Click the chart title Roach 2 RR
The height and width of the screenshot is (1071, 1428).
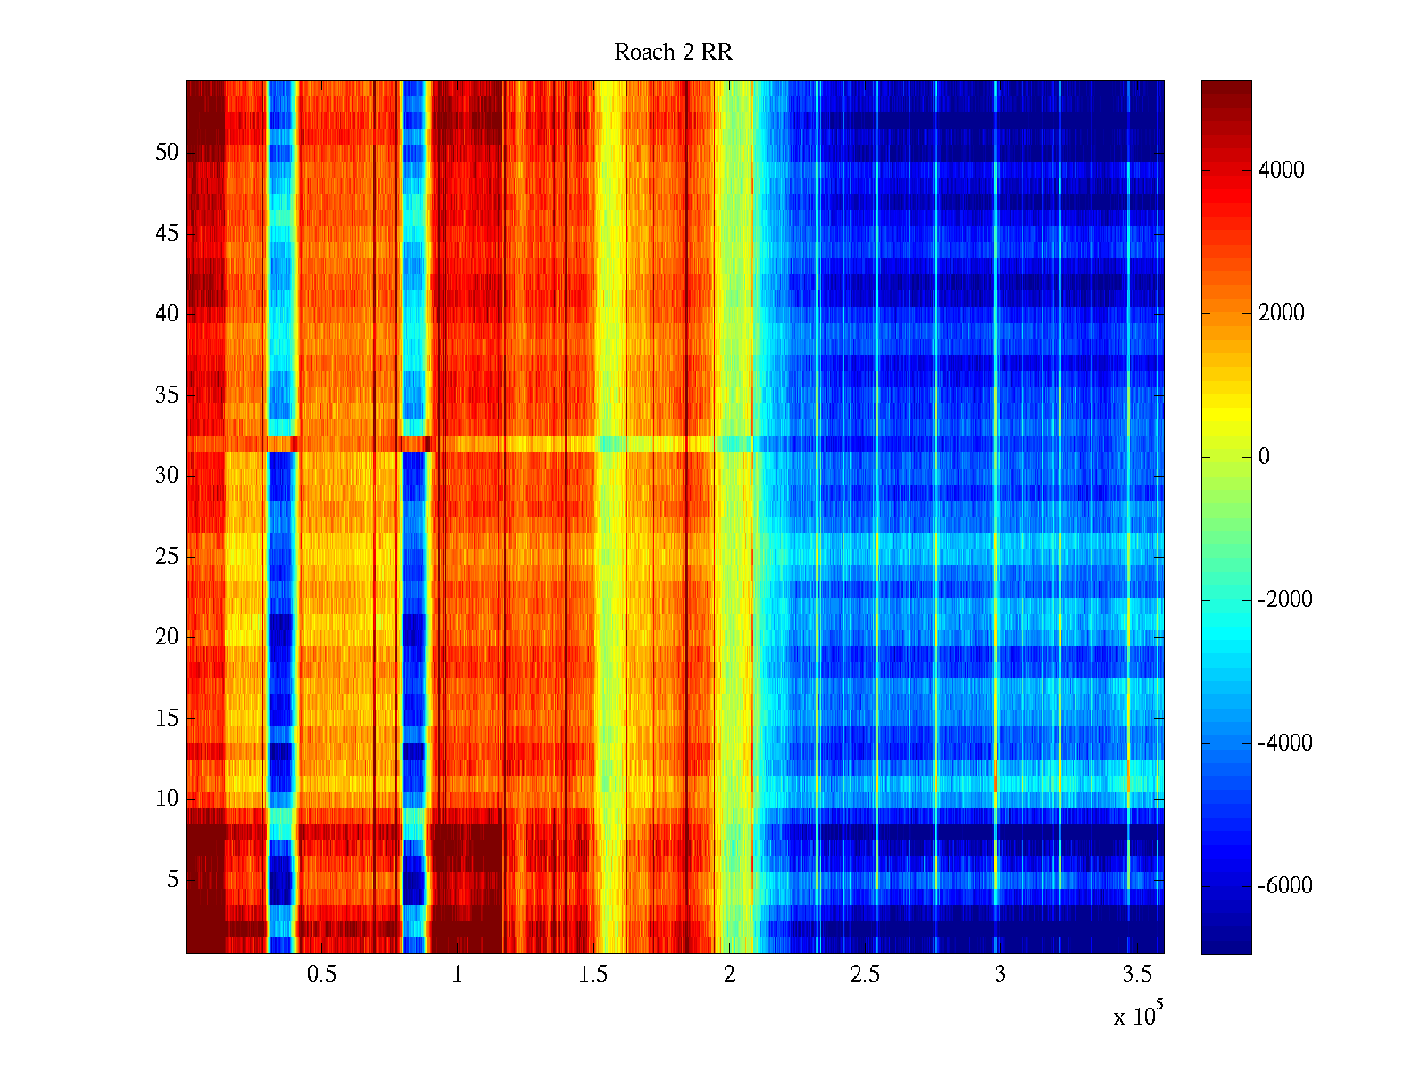point(673,53)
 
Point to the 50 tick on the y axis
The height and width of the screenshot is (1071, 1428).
point(167,153)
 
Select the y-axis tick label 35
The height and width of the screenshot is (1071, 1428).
point(167,395)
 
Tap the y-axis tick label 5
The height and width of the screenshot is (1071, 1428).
point(172,880)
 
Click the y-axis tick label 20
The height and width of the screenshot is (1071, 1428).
point(167,637)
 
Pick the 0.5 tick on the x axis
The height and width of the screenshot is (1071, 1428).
point(321,975)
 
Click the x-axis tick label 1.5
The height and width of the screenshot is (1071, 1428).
point(593,975)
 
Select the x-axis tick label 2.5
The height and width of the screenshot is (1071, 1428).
point(864,975)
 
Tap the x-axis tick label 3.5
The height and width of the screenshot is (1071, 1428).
point(1136,975)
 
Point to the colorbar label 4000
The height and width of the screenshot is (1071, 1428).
point(1282,170)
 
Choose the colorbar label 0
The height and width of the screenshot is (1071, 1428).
point(1264,457)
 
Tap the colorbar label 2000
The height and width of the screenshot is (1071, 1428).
point(1282,313)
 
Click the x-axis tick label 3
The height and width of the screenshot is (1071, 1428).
point(1000,975)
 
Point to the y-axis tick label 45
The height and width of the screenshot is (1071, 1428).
point(167,234)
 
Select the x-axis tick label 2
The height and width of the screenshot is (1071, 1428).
point(729,975)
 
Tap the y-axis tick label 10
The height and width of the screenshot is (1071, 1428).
point(167,799)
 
